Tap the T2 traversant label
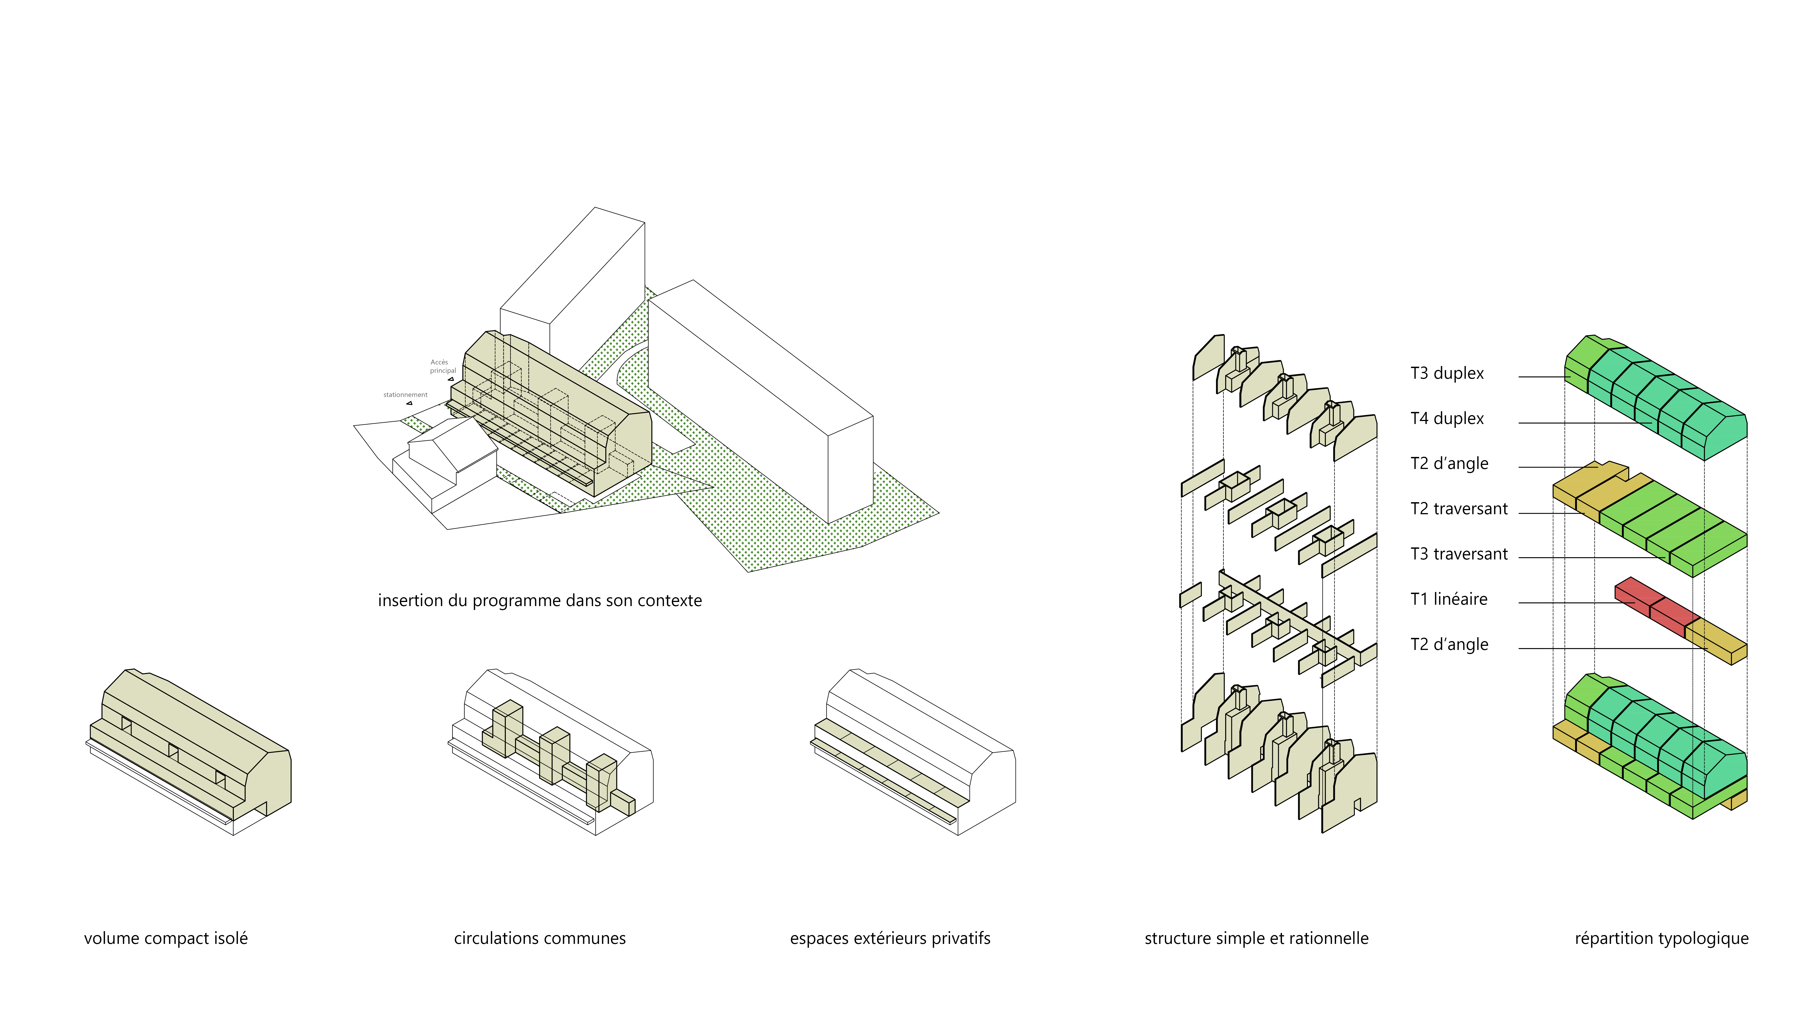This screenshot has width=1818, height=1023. coord(1458,509)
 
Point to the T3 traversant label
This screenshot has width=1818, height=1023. coord(1458,554)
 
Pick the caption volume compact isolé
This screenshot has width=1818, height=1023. coord(166,938)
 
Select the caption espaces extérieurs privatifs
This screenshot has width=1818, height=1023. coord(890,938)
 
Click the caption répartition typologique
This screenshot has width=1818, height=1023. coord(1661,938)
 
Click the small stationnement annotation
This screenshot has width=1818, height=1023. coord(405,395)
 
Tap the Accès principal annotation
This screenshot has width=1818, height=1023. coord(442,366)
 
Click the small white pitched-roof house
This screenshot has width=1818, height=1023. coord(445,452)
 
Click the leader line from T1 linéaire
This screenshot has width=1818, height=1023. coord(1567,602)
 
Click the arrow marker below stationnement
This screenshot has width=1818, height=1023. coord(409,403)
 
